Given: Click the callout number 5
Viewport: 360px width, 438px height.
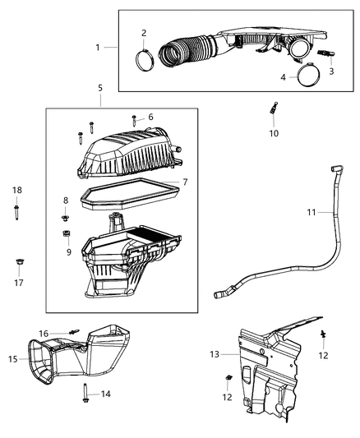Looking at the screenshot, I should (99, 87).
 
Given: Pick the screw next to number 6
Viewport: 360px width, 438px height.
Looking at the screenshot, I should (134, 121).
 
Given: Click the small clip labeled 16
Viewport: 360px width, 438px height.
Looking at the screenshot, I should (74, 332).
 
